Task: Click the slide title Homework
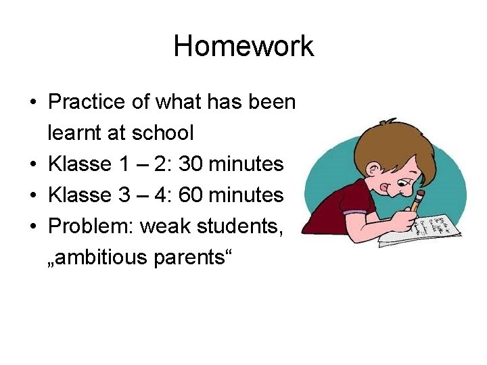[x=243, y=47]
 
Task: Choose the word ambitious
[x=105, y=258]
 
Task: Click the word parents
[x=193, y=258]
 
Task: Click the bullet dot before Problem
[x=33, y=227]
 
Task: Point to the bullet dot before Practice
[x=33, y=103]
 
